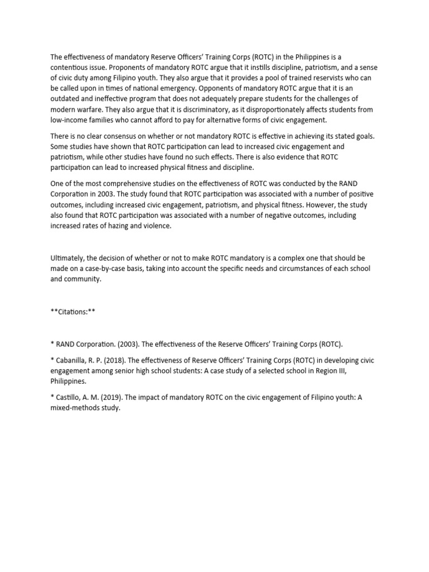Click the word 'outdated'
click(68, 99)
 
